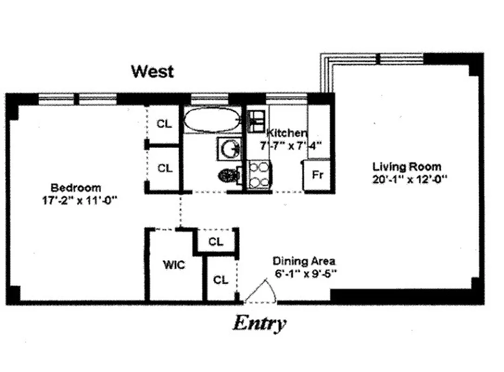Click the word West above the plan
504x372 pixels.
point(153,72)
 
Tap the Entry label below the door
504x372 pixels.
point(259,323)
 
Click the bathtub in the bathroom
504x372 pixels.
point(212,120)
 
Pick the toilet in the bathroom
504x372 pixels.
point(229,176)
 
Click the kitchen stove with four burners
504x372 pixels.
point(258,174)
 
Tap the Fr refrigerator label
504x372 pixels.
point(317,176)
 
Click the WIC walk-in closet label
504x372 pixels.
point(174,265)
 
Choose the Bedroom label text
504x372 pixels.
point(76,188)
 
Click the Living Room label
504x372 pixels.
point(406,166)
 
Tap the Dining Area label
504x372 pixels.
point(304,261)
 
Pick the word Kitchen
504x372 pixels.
point(286,133)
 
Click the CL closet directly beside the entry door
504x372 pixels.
point(221,280)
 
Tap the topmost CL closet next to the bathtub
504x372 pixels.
point(164,124)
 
